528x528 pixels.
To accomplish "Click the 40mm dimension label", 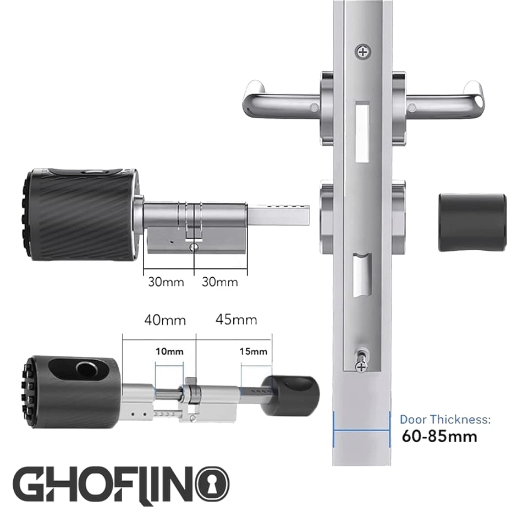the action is [165, 320].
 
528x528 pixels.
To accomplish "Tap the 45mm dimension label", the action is [236, 320].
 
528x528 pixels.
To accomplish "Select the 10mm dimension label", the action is [169, 351].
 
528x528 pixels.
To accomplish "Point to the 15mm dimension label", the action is [253, 351].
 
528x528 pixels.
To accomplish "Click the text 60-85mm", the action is [439, 436].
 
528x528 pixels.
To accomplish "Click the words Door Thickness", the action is [445, 420].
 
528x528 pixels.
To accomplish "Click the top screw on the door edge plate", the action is [362, 52].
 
